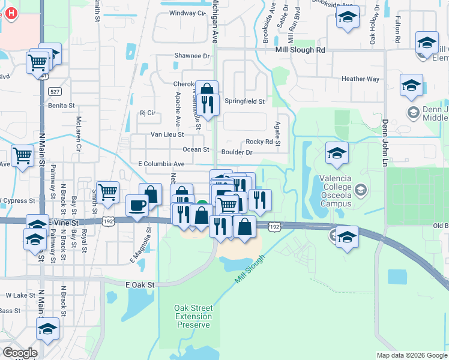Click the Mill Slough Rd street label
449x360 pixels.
[x=300, y=50]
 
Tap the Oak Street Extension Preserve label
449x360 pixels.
[x=193, y=316]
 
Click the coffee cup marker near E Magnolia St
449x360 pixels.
[x=137, y=206]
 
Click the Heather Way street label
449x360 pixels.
[x=360, y=79]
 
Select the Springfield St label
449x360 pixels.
[x=244, y=101]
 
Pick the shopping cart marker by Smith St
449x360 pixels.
[x=108, y=193]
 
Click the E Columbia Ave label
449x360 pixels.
[x=161, y=164]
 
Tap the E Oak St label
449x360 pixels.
[x=140, y=284]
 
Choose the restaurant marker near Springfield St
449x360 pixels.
[x=208, y=104]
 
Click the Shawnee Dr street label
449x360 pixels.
[x=191, y=56]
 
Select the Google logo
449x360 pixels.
[x=20, y=352]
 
